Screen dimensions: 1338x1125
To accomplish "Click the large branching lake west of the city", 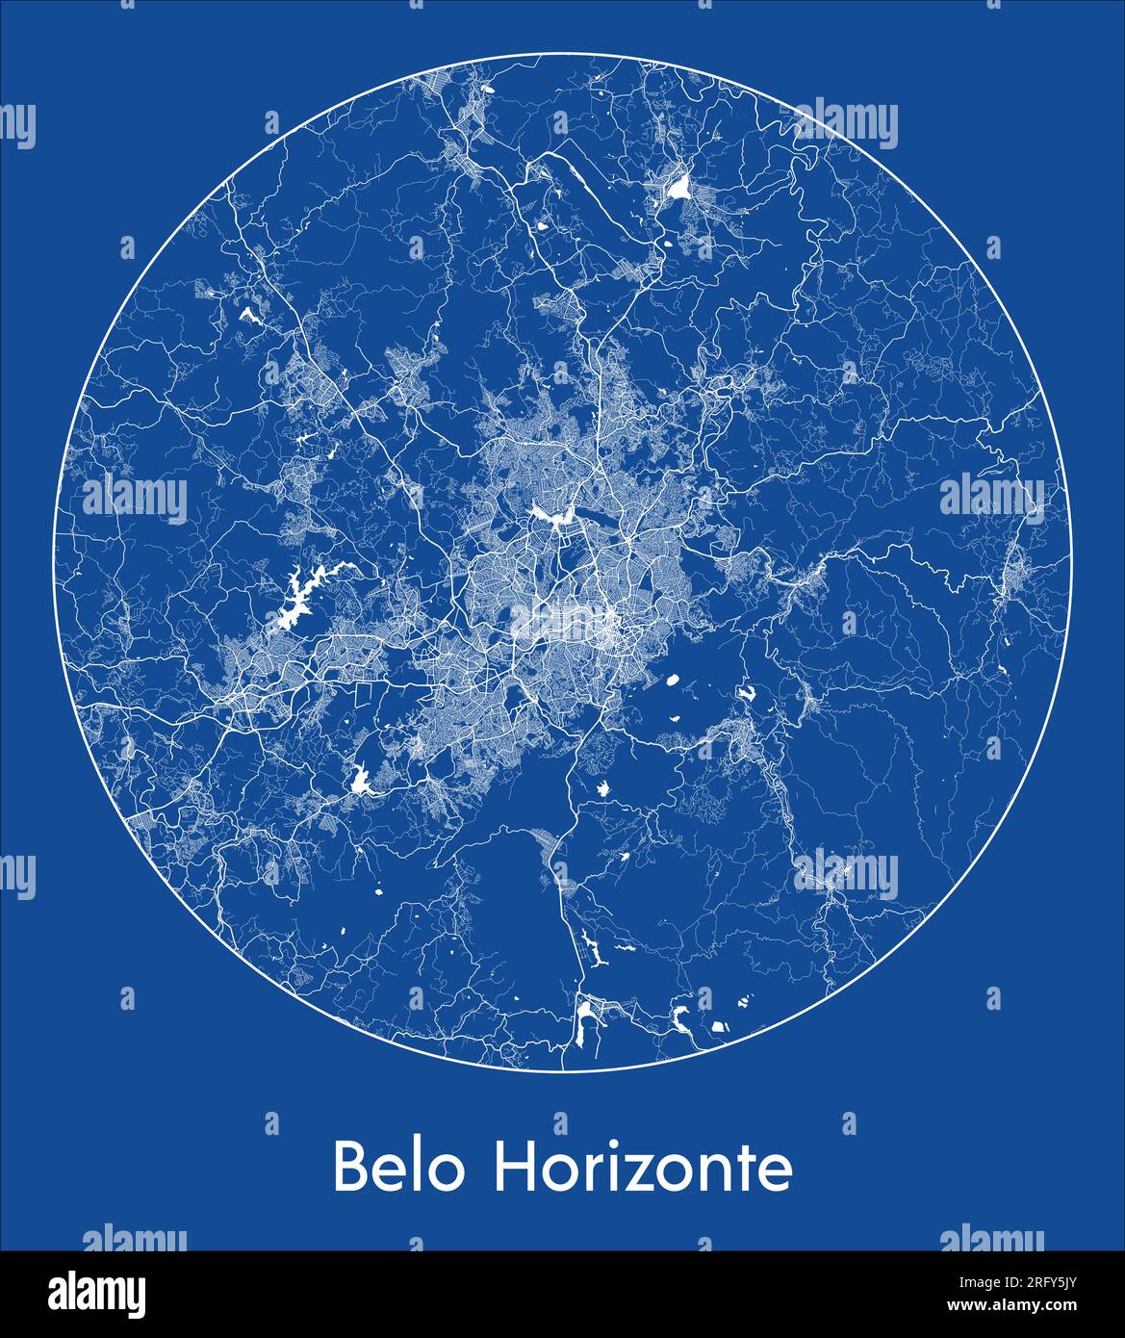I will pyautogui.click(x=301, y=597).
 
